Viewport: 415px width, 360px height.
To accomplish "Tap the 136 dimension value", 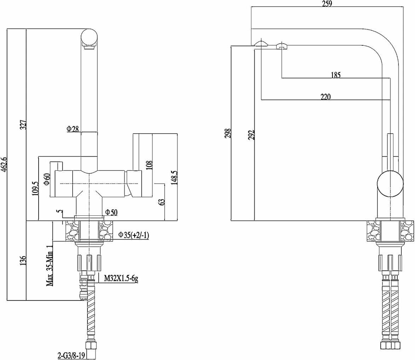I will (x=23, y=261).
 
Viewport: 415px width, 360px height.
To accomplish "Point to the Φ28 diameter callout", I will (x=73, y=129).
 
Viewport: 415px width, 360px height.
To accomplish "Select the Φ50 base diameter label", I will (x=111, y=212).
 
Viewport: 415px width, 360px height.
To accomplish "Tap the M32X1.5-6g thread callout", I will (x=121, y=279).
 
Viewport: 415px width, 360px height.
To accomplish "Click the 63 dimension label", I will (x=161, y=202).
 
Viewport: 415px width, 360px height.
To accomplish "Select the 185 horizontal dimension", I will (x=335, y=75).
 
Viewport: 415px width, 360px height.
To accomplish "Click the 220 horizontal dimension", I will (x=325, y=97).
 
